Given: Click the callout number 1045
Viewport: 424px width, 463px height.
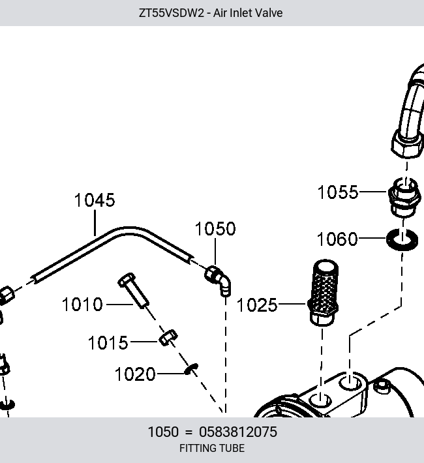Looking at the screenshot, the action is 95,200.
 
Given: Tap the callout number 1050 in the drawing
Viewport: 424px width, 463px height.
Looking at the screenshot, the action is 215,228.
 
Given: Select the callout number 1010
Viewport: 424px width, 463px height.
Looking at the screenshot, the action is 82,305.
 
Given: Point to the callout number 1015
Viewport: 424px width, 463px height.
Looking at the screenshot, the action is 108,342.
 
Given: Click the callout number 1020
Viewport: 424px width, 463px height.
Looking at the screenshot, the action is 135,374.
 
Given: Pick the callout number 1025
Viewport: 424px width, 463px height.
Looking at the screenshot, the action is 257,305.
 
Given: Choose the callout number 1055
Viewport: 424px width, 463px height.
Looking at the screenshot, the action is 338,192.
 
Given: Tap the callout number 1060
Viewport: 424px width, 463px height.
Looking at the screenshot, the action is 337,239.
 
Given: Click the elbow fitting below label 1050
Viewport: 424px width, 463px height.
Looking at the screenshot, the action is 219,280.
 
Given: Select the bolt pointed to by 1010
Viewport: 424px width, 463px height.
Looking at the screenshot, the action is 134,290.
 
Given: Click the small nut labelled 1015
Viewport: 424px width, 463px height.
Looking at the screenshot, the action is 168,338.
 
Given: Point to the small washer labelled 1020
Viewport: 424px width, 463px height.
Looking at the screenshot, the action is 191,369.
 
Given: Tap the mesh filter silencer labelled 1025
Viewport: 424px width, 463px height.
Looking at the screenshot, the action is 324,292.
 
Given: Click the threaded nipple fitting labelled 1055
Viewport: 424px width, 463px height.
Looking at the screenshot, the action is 404,197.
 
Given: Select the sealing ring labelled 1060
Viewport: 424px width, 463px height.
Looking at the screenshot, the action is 402,239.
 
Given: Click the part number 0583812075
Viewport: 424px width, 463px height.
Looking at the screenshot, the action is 238,432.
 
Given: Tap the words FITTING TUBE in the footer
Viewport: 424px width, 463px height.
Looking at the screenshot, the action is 212,448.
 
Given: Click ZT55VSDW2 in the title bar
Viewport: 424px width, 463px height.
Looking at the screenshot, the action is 172,13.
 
